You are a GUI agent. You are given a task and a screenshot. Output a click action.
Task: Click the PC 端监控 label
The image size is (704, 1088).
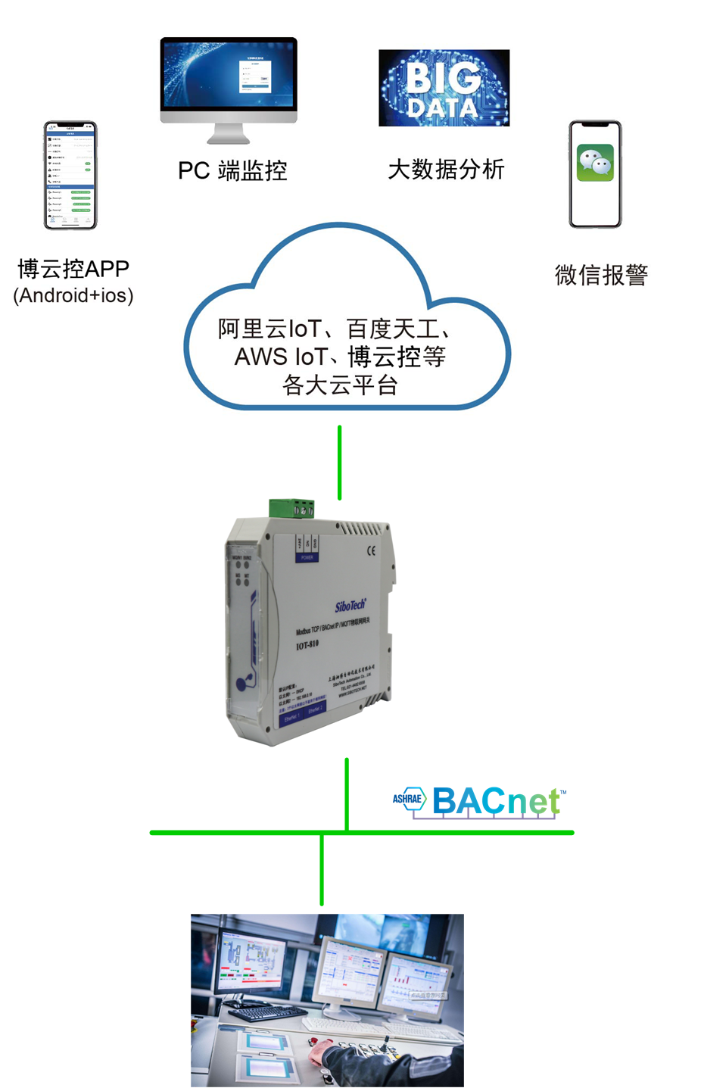coord(232,170)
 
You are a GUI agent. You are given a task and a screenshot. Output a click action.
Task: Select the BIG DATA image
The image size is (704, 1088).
coord(444,88)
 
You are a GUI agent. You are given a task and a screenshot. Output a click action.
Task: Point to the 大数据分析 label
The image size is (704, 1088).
coord(446,170)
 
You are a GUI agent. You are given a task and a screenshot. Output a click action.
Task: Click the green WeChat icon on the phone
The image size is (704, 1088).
coord(595,163)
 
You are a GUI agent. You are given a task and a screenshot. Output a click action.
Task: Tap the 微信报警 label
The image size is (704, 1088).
coord(601,275)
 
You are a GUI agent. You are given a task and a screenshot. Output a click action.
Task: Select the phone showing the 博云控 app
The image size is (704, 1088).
coord(70,175)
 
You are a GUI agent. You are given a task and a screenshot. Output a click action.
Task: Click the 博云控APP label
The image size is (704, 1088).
coord(73,269)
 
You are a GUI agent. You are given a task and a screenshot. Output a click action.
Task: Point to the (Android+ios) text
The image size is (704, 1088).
coord(73,295)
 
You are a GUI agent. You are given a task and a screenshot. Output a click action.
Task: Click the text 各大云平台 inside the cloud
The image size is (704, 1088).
coord(340,385)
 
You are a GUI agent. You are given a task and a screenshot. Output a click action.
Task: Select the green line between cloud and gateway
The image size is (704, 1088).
coord(339,462)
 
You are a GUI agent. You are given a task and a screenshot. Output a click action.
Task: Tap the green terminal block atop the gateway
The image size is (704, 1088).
coord(292,508)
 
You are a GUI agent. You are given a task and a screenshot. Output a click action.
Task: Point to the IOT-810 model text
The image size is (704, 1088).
coord(307,645)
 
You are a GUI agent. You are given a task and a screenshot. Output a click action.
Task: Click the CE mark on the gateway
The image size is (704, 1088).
coord(371,550)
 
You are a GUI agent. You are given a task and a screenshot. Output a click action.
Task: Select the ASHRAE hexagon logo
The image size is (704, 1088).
coord(410,799)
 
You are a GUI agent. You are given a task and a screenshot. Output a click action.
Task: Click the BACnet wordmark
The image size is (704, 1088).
coord(497,801)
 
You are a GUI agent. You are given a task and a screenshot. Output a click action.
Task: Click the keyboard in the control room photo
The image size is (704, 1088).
coord(257,1012)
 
